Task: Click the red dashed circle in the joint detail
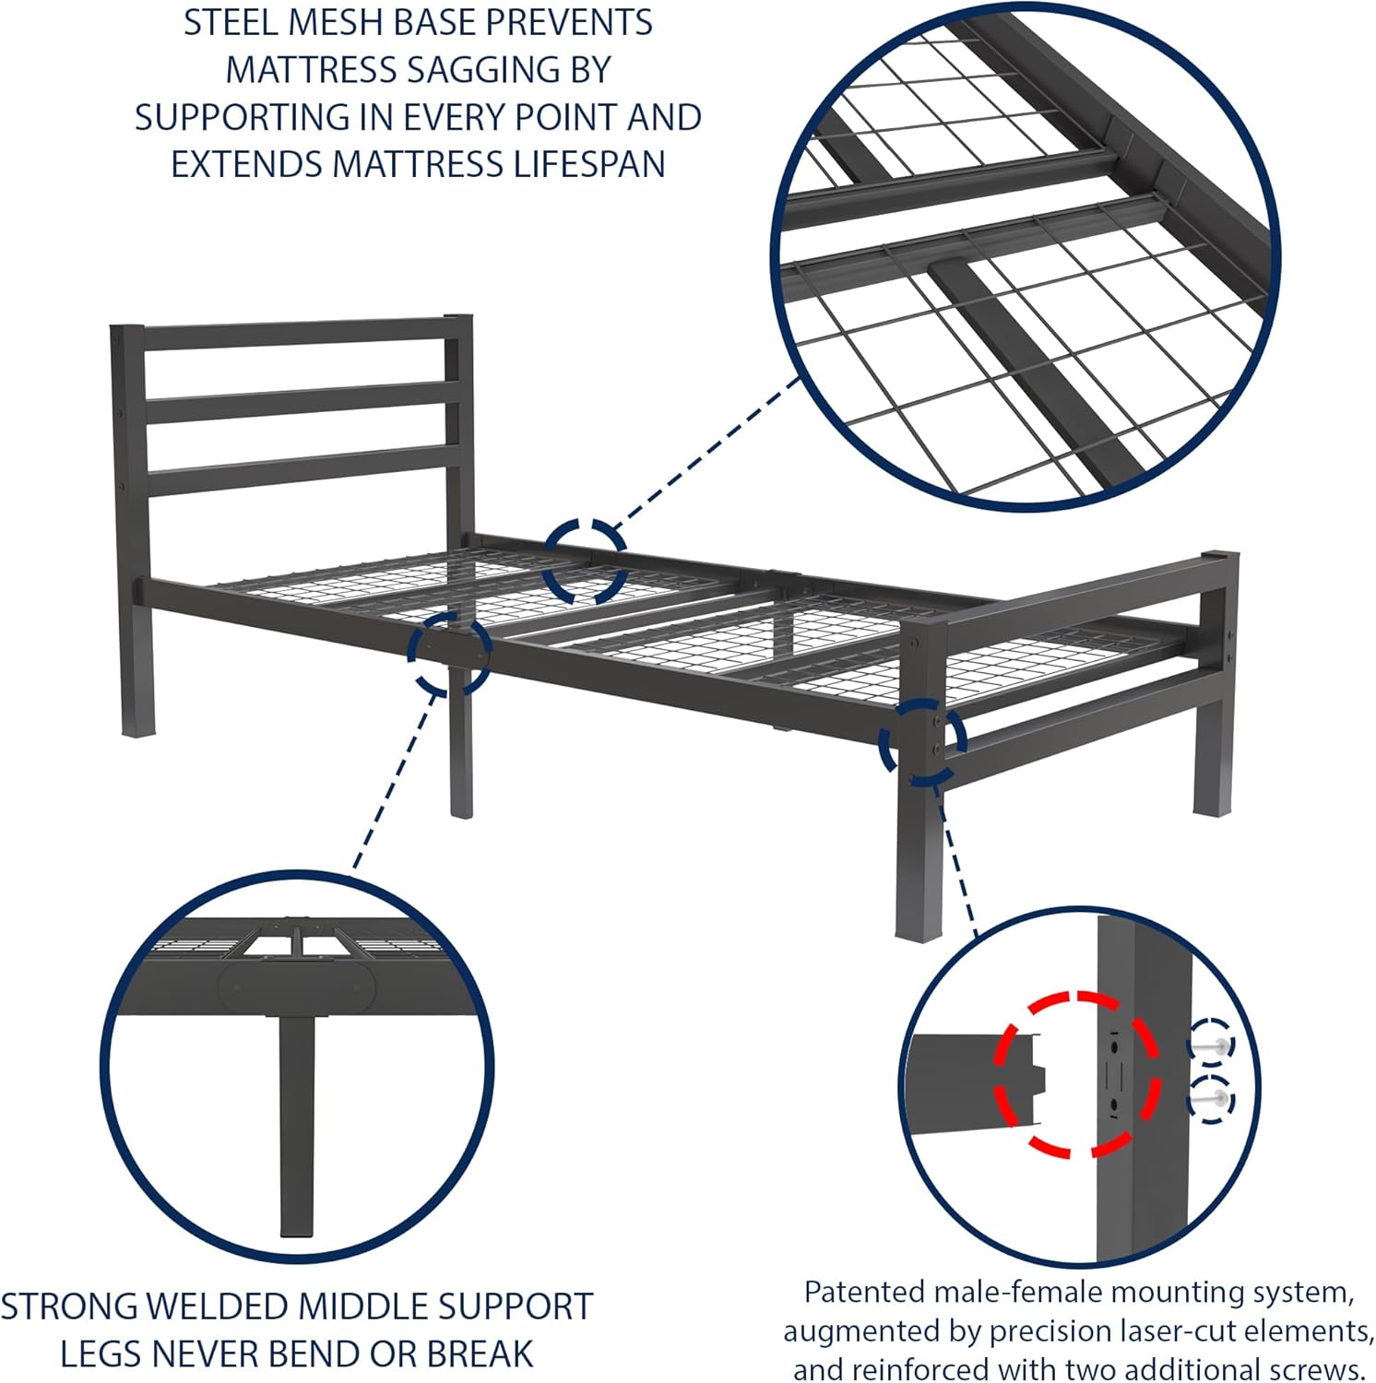[1076, 1074]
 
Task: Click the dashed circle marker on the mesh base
[584, 561]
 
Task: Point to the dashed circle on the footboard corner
[922, 742]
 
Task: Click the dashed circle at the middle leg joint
[450, 652]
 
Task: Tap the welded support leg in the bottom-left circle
[296, 1125]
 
